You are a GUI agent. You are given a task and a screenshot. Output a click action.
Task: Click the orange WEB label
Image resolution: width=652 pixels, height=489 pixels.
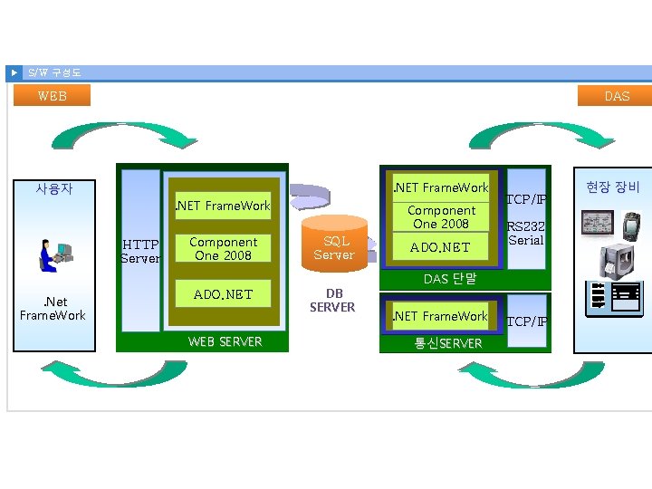click(53, 95)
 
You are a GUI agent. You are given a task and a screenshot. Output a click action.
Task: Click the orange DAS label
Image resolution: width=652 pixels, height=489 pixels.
click(616, 95)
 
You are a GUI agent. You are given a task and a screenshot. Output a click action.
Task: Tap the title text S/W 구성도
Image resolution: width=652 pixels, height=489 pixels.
click(54, 72)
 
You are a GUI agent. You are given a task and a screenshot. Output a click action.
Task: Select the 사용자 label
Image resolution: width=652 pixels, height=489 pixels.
click(53, 189)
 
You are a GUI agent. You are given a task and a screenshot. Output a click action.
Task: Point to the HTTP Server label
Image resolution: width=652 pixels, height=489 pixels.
click(140, 251)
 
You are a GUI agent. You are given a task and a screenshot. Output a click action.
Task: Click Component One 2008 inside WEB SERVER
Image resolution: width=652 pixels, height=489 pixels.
click(223, 249)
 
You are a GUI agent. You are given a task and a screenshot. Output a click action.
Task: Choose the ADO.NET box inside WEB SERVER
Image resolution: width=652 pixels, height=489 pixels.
click(223, 294)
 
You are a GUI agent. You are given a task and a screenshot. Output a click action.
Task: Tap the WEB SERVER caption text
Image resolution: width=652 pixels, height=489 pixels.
click(225, 341)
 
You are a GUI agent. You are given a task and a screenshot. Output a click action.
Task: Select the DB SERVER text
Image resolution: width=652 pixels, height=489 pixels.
click(333, 301)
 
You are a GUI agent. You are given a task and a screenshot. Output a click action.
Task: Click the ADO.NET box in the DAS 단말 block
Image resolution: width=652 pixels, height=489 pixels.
click(440, 247)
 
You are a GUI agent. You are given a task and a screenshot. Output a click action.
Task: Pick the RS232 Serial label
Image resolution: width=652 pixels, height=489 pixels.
click(525, 235)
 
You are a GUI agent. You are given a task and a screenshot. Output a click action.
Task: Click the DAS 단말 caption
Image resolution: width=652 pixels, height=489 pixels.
click(450, 279)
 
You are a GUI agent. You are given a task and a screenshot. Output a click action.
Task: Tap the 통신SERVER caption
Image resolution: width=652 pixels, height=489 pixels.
click(448, 343)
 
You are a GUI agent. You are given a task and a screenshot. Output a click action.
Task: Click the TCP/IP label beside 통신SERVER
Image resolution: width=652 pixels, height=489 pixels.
click(525, 321)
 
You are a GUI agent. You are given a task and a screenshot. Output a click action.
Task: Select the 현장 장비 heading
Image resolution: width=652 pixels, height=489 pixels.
click(612, 187)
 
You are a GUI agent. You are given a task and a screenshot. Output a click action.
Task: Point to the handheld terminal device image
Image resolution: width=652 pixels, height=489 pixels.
click(631, 224)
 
